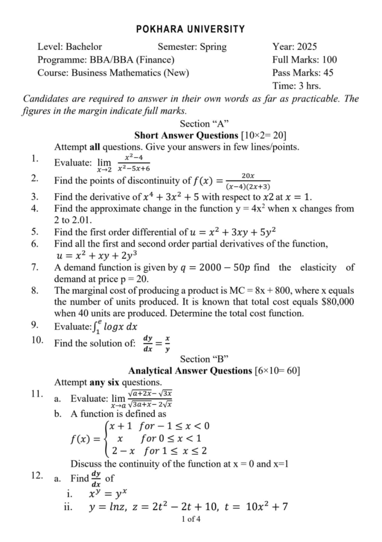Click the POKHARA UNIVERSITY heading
tap(191, 29)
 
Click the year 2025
tap(306, 47)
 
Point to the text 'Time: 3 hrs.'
tap(296, 86)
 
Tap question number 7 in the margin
tap(34, 267)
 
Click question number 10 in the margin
tap(37, 340)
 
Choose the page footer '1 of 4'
tap(191, 519)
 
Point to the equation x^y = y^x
tap(106, 495)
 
